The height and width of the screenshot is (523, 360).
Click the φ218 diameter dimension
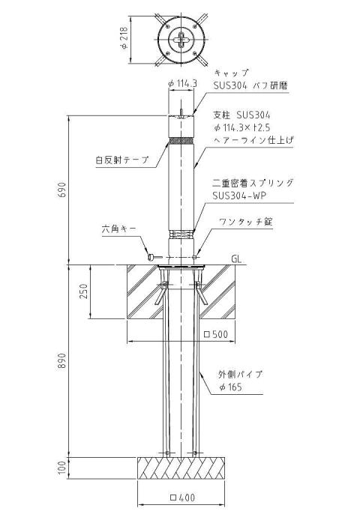[x=124, y=38]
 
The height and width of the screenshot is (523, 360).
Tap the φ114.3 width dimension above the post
[x=182, y=83]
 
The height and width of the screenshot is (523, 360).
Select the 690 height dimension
[x=62, y=190]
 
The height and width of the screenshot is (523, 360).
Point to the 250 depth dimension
[x=84, y=291]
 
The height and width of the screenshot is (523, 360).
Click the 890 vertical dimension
[x=62, y=360]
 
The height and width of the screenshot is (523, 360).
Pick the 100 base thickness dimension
[x=62, y=468]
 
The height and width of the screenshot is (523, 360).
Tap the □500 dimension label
[x=216, y=334]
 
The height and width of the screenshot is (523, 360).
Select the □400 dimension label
[x=182, y=498]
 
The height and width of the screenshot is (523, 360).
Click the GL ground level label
[x=236, y=259]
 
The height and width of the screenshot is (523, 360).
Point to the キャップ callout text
[x=232, y=73]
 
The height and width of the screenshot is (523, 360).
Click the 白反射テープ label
[x=122, y=160]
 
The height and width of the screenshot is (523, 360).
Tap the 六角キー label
[x=119, y=229]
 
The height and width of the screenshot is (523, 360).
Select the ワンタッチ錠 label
[x=245, y=222]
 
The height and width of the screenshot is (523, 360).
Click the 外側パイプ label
[x=240, y=374]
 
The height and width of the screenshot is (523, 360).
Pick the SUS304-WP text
[x=239, y=196]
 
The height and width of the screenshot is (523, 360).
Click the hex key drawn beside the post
[x=154, y=257]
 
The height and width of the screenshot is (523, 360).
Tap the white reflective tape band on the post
[x=181, y=141]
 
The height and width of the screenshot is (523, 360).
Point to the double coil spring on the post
[x=181, y=234]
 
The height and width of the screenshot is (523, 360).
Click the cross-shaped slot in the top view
[x=181, y=40]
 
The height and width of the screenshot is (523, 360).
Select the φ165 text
[x=230, y=387]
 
